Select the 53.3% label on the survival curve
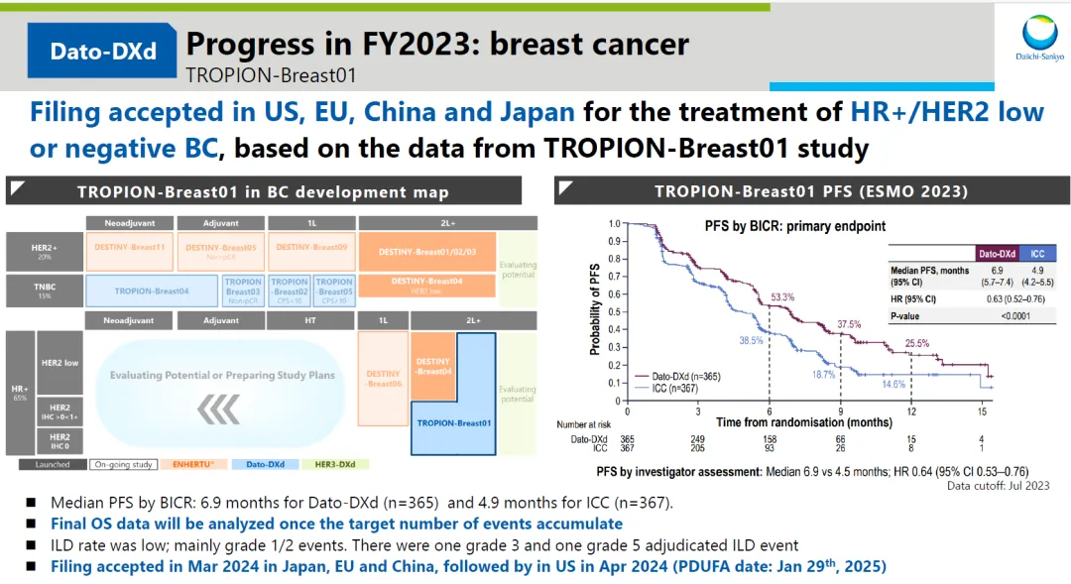[782, 297]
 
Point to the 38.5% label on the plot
[750, 340]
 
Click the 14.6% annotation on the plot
[894, 384]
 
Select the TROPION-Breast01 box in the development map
[454, 423]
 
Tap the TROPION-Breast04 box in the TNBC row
[152, 290]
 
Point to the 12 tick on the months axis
[910, 410]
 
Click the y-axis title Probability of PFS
[595, 306]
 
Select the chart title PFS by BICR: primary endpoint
[794, 225]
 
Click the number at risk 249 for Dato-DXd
[697, 439]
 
